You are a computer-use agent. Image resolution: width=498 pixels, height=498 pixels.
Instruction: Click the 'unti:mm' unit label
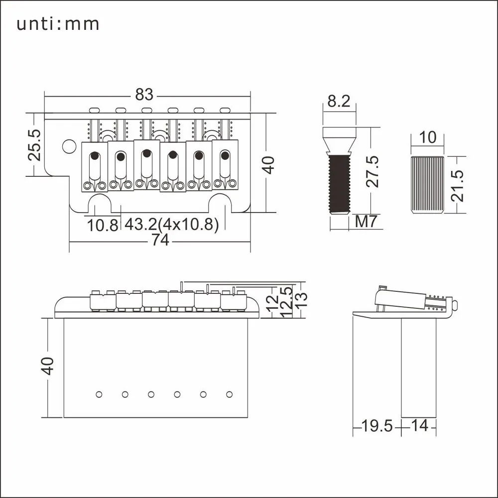click(58, 24)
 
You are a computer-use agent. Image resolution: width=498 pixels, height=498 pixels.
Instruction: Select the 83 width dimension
click(144, 94)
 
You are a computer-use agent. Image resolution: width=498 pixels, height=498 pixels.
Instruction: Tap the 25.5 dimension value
click(34, 145)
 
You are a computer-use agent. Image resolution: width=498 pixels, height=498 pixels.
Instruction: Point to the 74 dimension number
click(160, 240)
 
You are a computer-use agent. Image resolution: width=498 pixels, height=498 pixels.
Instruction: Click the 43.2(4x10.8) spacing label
click(171, 225)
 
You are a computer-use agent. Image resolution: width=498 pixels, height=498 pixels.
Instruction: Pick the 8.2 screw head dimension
click(339, 101)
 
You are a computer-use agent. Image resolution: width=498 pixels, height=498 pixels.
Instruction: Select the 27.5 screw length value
click(372, 171)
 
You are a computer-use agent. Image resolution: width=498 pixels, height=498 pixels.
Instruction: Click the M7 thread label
click(366, 222)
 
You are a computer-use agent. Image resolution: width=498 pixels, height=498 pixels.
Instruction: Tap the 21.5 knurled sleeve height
click(457, 186)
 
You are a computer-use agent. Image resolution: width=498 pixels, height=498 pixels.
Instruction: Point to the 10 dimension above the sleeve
click(427, 137)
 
